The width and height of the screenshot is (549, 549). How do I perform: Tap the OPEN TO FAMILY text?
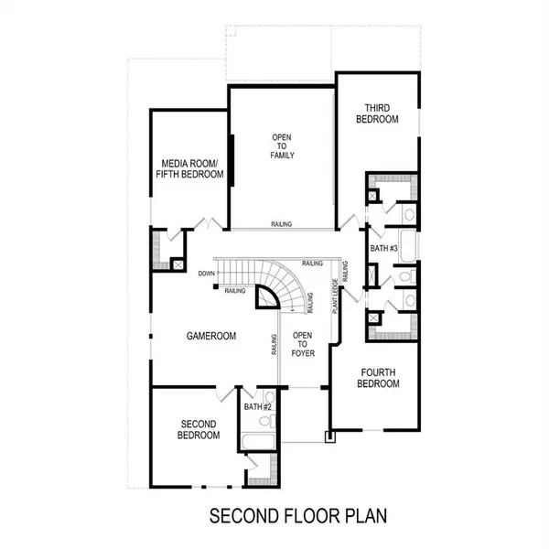click(x=281, y=146)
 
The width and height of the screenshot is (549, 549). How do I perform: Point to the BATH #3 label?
click(x=382, y=249)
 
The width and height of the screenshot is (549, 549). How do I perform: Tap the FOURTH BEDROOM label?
click(x=379, y=378)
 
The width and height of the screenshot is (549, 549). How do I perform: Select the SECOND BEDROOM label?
click(x=199, y=429)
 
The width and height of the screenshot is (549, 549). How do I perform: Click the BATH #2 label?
click(x=258, y=406)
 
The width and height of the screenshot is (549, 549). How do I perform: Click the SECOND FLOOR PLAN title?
click(x=298, y=515)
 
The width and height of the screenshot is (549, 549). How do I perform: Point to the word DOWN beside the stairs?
click(x=206, y=274)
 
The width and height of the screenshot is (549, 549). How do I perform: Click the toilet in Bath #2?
click(x=265, y=422)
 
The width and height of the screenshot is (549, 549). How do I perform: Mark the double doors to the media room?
click(x=210, y=222)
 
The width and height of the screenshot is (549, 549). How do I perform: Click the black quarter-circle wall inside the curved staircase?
click(x=265, y=296)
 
